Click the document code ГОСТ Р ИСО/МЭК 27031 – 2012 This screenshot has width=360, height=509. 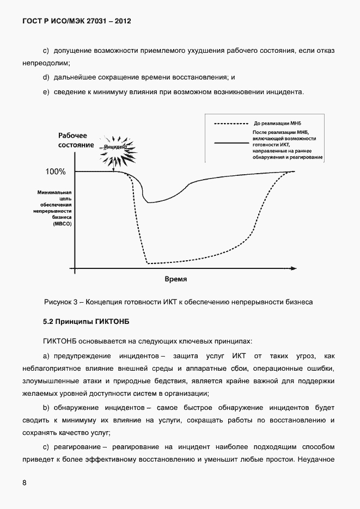(77, 21)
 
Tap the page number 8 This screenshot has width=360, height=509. (25, 483)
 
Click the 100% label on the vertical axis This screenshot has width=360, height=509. (56, 171)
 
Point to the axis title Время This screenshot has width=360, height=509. (176, 279)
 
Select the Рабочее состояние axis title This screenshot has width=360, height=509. (76, 140)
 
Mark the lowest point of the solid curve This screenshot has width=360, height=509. (149, 203)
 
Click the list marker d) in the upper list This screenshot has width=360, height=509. (46, 77)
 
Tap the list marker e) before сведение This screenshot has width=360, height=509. (46, 91)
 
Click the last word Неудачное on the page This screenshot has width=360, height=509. (316, 459)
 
